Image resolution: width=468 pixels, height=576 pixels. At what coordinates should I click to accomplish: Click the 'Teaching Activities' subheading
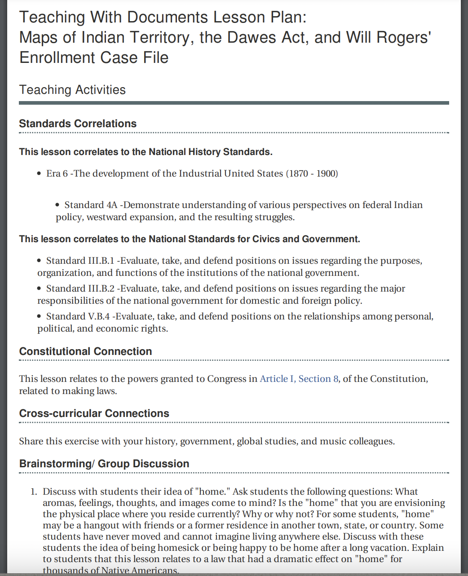(x=72, y=90)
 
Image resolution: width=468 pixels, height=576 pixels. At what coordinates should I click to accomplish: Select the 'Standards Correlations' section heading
(x=78, y=124)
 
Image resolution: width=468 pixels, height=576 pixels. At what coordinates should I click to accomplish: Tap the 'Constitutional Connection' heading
(x=85, y=351)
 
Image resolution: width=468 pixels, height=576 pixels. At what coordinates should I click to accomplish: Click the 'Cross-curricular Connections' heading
(x=94, y=413)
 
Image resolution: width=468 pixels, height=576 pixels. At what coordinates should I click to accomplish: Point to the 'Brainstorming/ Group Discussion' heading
(x=104, y=464)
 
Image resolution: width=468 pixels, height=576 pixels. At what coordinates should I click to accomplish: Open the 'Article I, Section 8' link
(x=299, y=379)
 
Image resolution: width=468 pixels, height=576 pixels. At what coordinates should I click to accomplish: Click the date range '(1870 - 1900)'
(x=312, y=173)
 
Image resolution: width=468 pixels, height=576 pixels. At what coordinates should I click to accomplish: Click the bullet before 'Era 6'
(x=40, y=174)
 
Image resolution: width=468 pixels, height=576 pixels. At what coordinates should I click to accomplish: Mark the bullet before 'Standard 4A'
(x=58, y=205)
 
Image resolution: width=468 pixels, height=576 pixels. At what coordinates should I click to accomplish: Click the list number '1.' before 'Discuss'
(x=34, y=492)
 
